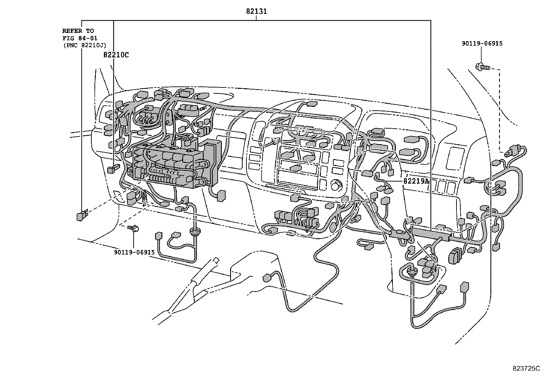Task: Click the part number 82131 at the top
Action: tap(256, 11)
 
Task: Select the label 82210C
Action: tap(116, 55)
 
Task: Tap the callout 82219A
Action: tap(416, 181)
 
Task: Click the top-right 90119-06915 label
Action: tap(482, 44)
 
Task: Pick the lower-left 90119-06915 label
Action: tap(134, 252)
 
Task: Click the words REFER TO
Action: tap(78, 31)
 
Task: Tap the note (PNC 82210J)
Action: tap(84, 45)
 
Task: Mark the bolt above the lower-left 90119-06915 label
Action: tap(133, 228)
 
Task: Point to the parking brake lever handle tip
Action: tap(216, 259)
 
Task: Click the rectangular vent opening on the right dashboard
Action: tap(454, 158)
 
